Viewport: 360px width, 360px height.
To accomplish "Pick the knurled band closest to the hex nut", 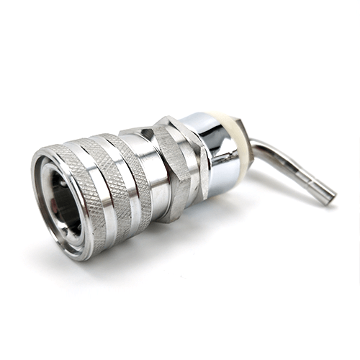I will [x=138, y=173].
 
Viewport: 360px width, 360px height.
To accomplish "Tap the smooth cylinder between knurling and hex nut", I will [x=156, y=173].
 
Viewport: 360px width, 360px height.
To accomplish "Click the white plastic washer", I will [x=238, y=140].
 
